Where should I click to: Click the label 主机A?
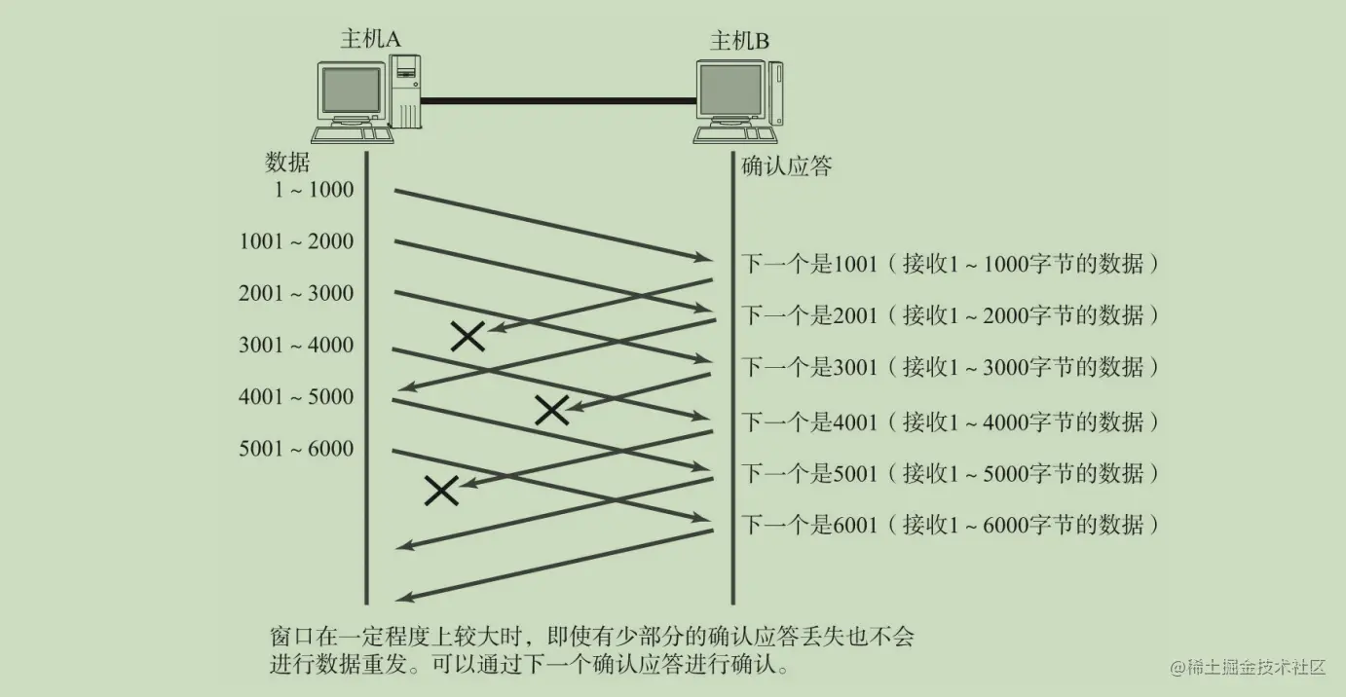click(370, 38)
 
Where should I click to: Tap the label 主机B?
click(739, 40)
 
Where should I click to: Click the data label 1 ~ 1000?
click(314, 190)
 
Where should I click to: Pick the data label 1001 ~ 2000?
click(297, 241)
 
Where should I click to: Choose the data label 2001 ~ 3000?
click(297, 293)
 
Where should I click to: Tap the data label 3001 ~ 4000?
click(297, 345)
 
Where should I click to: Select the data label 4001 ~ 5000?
click(297, 397)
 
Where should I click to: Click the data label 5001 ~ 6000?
click(297, 449)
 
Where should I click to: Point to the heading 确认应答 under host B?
click(787, 166)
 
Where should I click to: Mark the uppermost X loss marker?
click(467, 336)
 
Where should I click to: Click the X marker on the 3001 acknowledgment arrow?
click(551, 411)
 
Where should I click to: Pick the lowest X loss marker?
click(441, 491)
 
